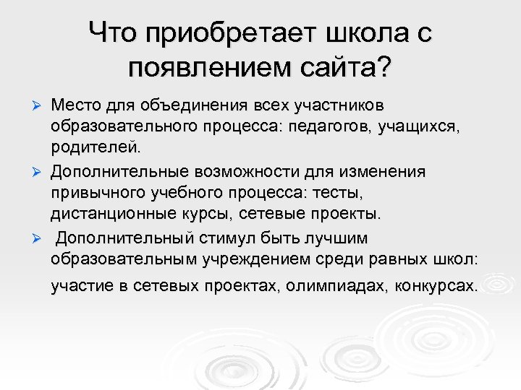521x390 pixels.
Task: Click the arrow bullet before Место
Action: click(x=41, y=107)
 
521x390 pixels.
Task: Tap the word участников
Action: click(x=341, y=106)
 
